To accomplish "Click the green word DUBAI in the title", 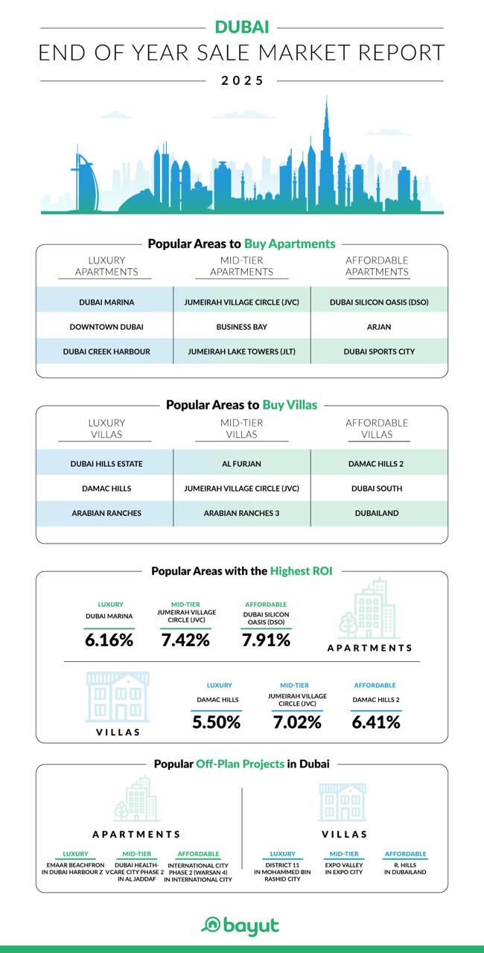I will point(242,28).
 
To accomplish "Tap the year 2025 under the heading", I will point(242,80).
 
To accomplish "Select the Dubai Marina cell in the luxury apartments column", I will point(106,303).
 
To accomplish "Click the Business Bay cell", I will point(241,327).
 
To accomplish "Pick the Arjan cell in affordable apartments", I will point(378,327).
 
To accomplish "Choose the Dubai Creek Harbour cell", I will point(106,351).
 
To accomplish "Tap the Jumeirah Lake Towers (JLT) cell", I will point(241,351).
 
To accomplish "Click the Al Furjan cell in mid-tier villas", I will point(241,464).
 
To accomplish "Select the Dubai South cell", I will point(377,488).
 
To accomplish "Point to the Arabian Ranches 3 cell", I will point(241,513).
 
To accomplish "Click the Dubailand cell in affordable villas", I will point(377,513).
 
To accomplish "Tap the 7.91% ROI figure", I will point(266,640).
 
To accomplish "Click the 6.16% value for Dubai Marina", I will point(109,640).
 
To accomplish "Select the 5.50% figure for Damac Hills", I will point(216,721).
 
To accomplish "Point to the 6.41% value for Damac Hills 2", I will point(376,721).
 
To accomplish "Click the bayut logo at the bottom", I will point(241,925).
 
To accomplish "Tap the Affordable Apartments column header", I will point(377,266).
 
